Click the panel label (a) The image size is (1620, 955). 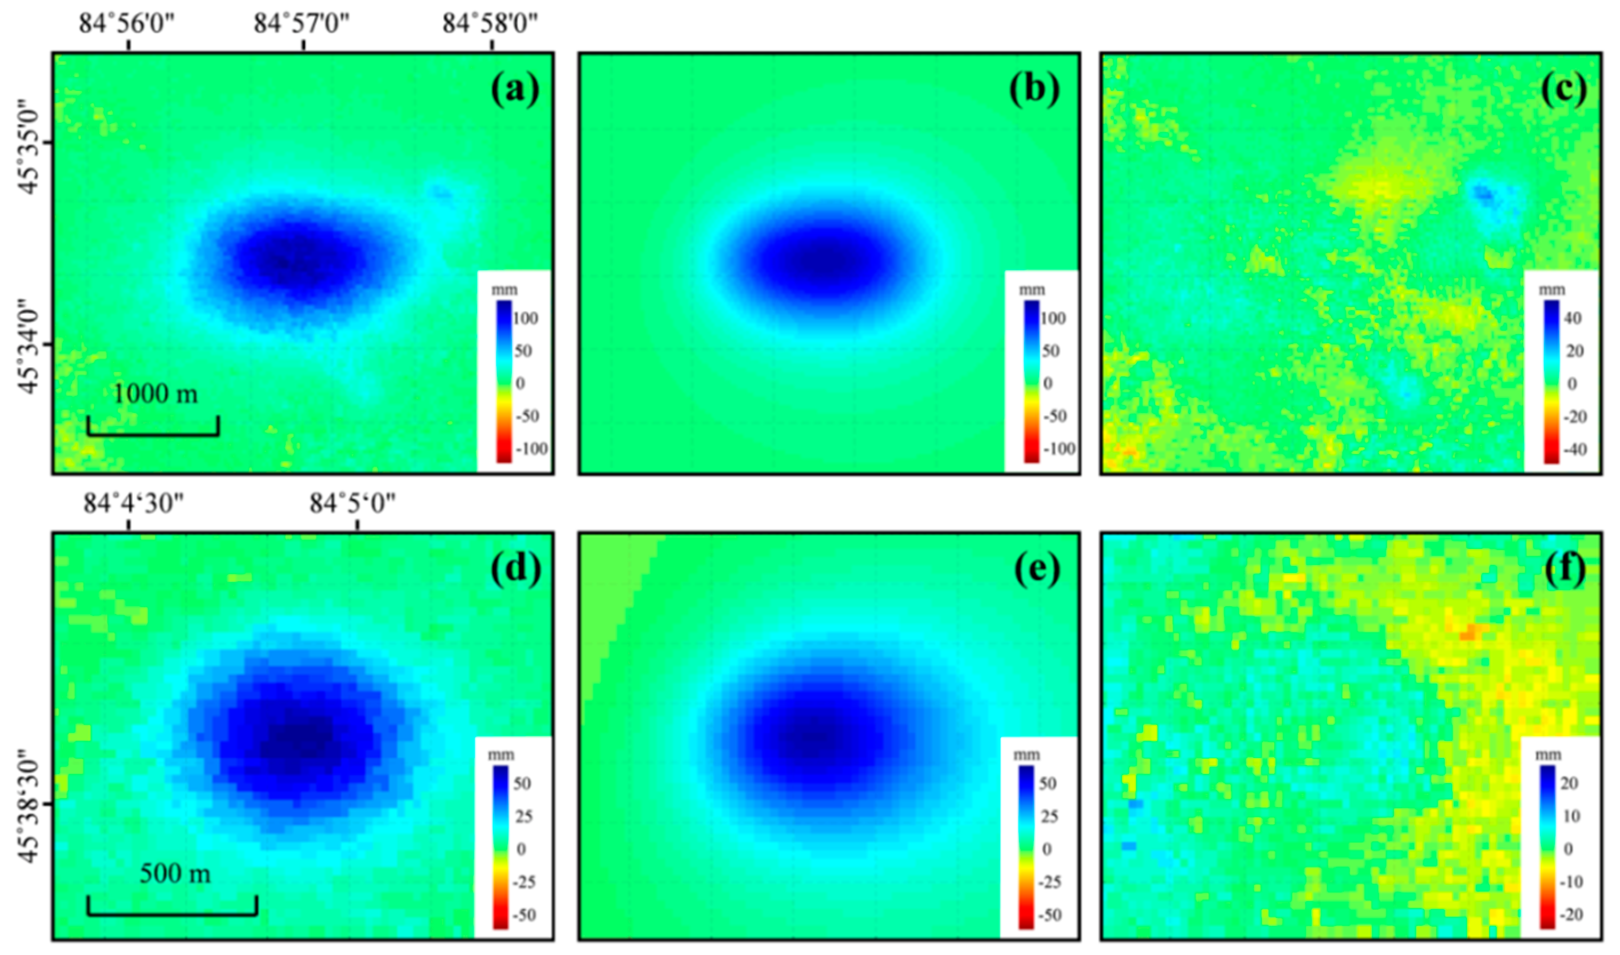tap(515, 89)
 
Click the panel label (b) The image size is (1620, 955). tap(1034, 89)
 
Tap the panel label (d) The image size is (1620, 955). tap(515, 569)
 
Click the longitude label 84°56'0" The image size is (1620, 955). tap(127, 24)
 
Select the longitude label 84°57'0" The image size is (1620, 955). tap(301, 24)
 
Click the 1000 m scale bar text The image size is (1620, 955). tap(155, 393)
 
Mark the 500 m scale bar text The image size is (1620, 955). tap(174, 873)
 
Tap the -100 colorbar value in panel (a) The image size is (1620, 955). tap(532, 448)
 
